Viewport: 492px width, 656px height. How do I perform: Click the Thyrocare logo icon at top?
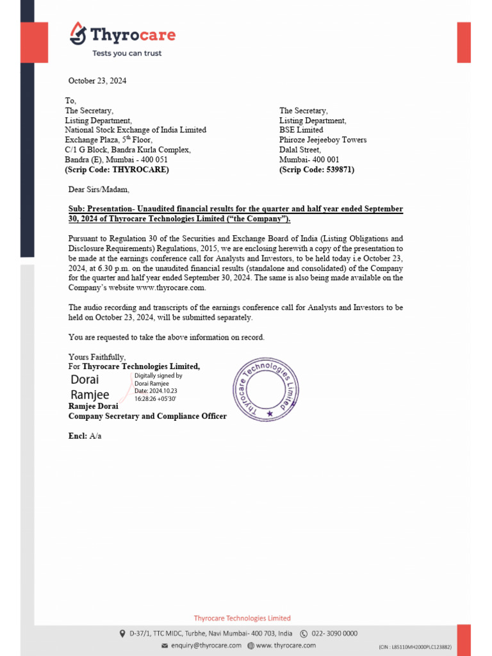(x=78, y=33)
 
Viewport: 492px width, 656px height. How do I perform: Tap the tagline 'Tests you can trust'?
(x=127, y=53)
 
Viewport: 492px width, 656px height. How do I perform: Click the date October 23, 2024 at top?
(x=97, y=81)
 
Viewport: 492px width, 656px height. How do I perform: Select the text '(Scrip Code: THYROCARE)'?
(x=117, y=170)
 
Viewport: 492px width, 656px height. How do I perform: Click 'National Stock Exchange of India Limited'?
(x=135, y=130)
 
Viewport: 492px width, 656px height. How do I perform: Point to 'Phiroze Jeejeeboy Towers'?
(x=323, y=140)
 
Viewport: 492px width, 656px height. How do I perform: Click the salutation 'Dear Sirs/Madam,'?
(x=99, y=189)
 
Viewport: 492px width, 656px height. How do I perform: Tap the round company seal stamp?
(x=266, y=389)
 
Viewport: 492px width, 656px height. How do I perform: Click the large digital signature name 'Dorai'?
(x=85, y=380)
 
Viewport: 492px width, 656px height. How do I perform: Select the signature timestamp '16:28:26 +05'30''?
(x=155, y=398)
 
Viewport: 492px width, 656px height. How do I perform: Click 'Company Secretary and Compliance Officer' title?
(x=147, y=416)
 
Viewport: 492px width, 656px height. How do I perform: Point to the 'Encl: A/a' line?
(x=85, y=436)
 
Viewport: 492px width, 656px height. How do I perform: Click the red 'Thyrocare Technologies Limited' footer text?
(x=242, y=618)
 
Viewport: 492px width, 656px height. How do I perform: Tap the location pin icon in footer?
(x=122, y=634)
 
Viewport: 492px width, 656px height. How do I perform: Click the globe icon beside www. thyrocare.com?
(x=250, y=645)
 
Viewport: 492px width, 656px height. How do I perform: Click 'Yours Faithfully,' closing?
(x=97, y=357)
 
